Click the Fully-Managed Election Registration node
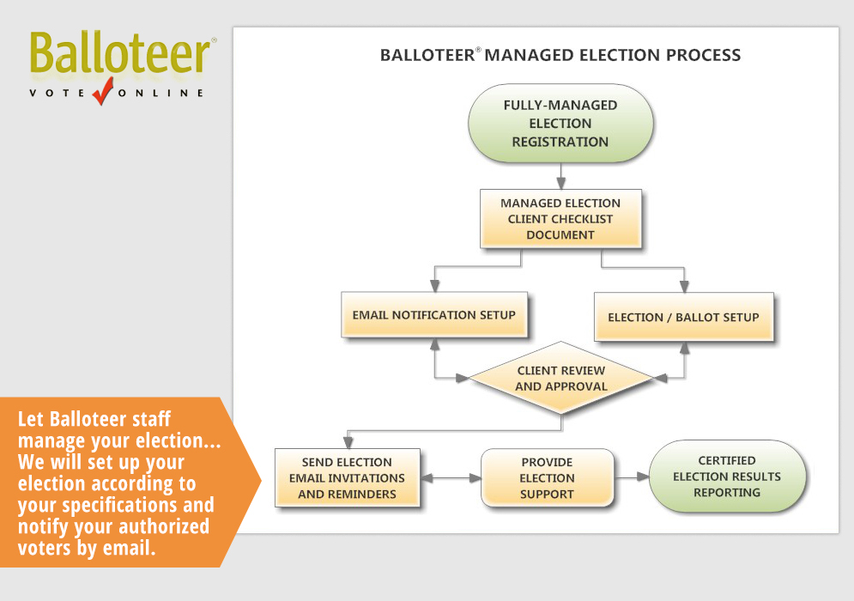pos(560,124)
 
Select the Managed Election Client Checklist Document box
pos(560,219)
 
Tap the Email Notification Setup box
pos(433,315)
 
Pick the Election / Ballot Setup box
pos(683,317)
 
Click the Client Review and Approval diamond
pos(560,379)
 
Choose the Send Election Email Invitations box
pos(347,478)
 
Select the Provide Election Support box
pos(547,478)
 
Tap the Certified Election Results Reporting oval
pos(727,477)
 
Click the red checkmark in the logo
pos(103,89)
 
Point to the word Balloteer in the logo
pos(120,54)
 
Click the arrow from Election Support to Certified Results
pos(632,477)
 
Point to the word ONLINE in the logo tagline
pos(163,93)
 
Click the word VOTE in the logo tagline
pos(57,93)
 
